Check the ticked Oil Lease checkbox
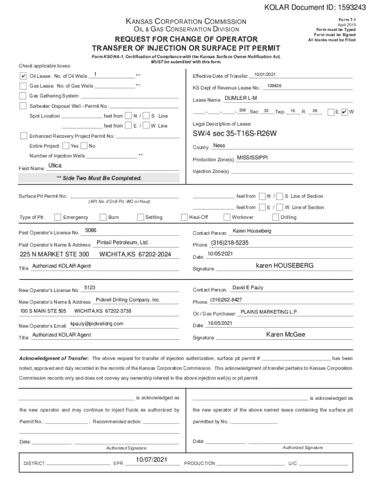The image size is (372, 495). [23, 76]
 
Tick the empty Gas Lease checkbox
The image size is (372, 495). [23, 86]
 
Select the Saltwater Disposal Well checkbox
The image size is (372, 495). [23, 106]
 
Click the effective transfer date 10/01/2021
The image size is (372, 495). [265, 74]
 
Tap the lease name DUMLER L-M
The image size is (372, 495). [241, 98]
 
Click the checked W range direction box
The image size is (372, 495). [344, 112]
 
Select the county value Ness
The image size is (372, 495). [219, 146]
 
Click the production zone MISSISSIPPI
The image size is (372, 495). [252, 158]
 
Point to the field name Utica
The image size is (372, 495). [55, 166]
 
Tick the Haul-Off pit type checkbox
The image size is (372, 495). [185, 217]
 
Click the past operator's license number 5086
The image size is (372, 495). [90, 231]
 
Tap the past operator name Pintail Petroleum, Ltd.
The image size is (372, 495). [123, 242]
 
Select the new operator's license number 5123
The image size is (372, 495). [89, 288]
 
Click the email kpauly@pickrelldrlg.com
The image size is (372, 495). [97, 323]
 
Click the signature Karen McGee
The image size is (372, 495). [286, 335]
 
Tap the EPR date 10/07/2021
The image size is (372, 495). [151, 459]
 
